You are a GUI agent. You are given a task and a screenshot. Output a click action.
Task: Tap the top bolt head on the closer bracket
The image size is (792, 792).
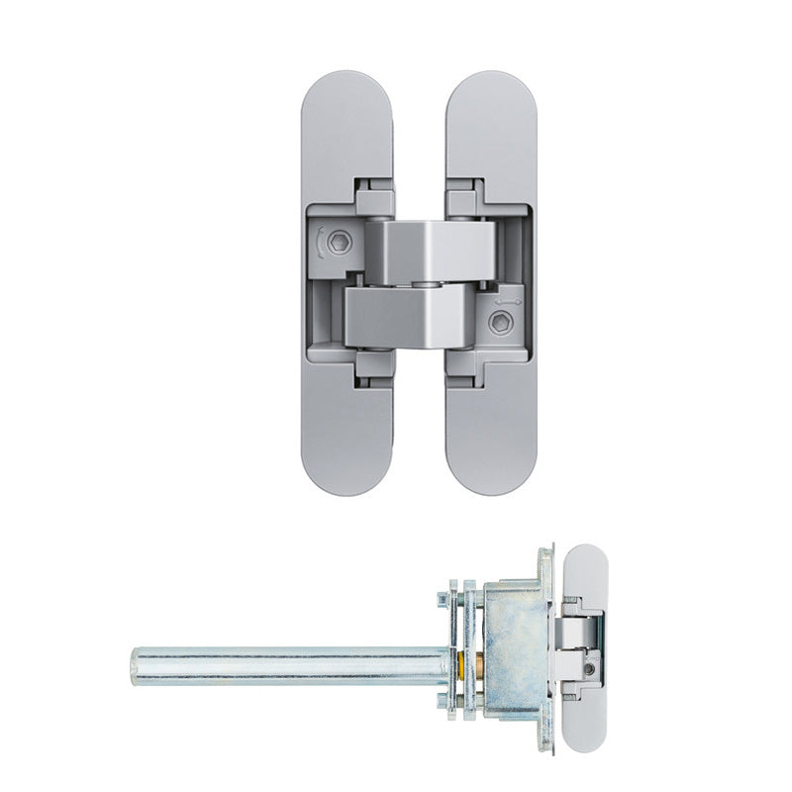click(441, 598)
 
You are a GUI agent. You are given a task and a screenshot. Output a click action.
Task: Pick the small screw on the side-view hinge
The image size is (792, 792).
click(590, 670)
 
